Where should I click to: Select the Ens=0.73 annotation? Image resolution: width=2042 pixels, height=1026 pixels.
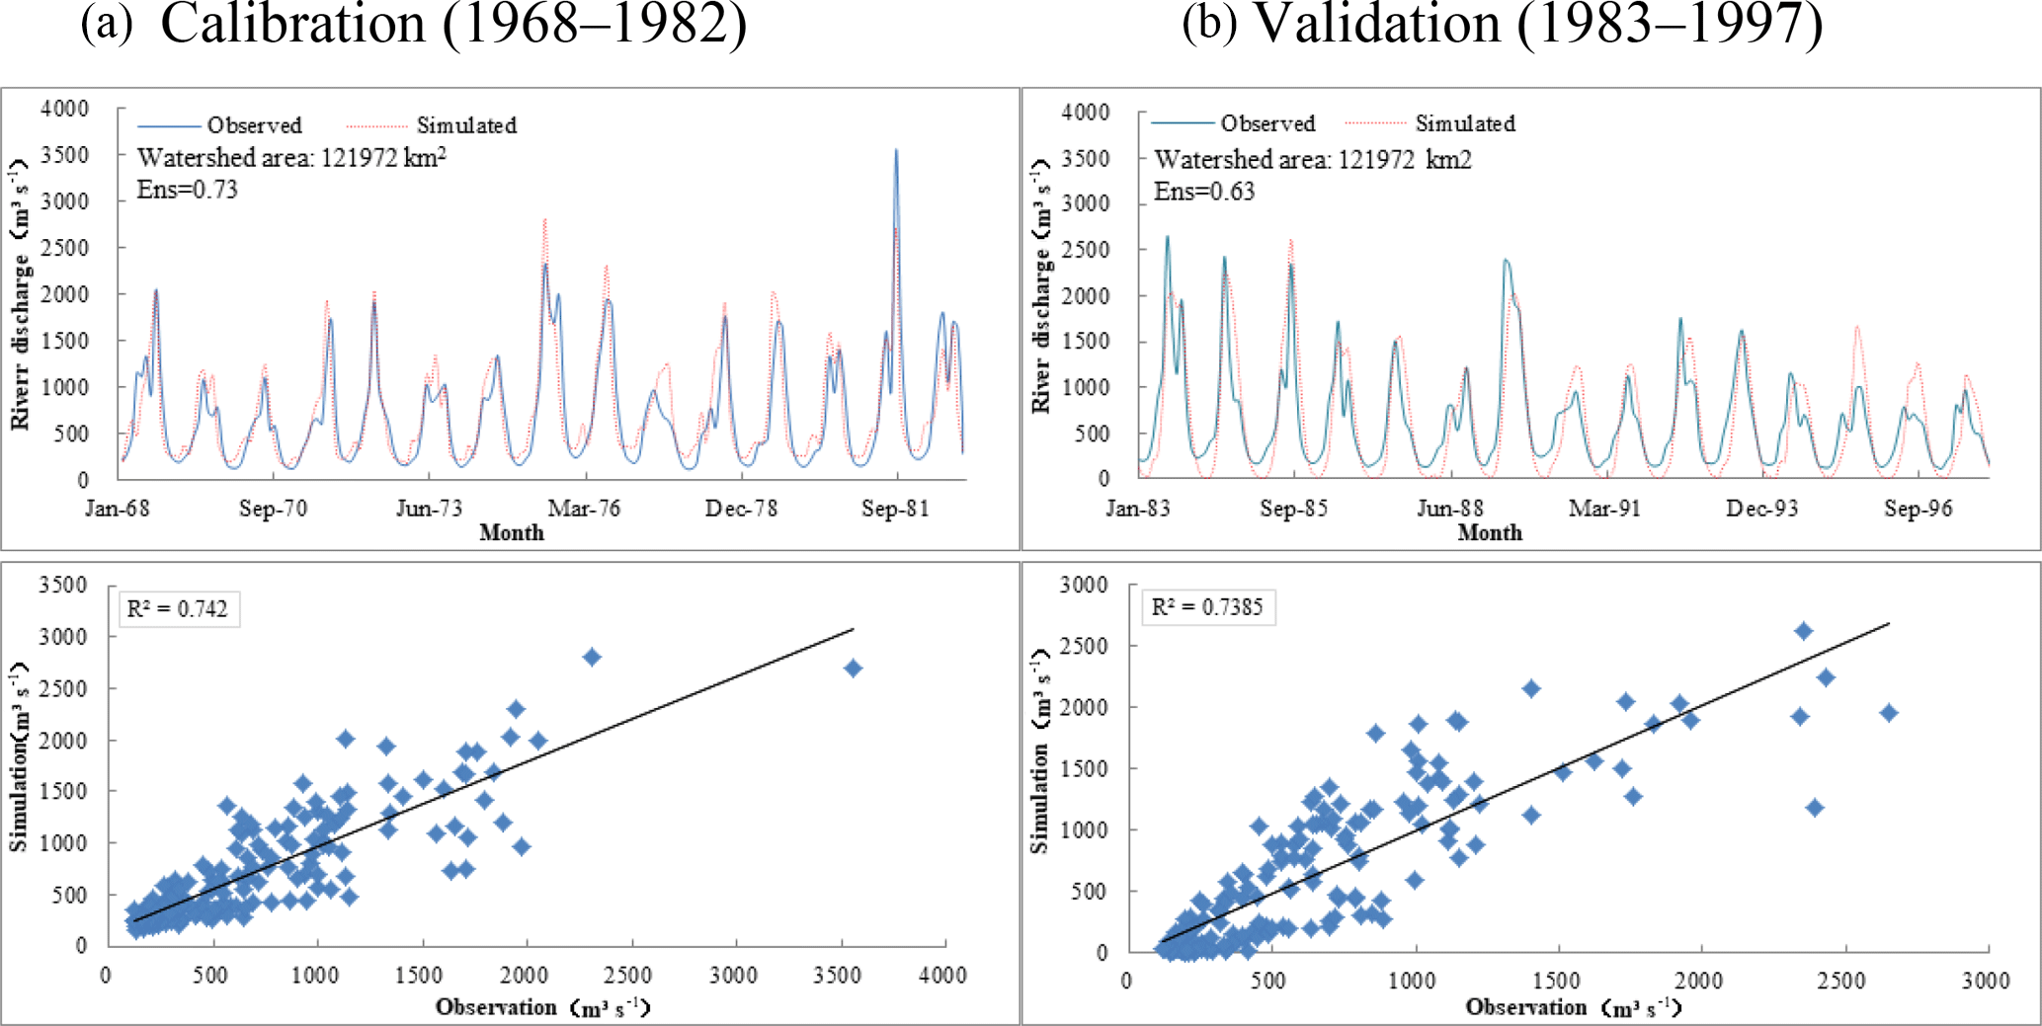pos(188,190)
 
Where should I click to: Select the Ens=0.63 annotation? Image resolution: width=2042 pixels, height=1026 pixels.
pos(1204,192)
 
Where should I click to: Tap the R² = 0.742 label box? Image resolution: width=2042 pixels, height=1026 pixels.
pos(178,608)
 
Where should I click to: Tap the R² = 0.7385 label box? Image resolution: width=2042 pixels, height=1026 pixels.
pos(1207,607)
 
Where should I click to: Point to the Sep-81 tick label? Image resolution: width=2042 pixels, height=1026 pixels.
pos(895,509)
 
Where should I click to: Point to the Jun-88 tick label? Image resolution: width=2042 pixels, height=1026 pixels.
pos(1449,509)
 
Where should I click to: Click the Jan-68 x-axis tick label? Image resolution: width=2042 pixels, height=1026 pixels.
pos(118,509)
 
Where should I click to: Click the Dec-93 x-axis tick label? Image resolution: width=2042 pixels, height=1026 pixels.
pos(1761,509)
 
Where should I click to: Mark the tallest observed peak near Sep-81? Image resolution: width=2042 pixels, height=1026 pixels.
pos(896,151)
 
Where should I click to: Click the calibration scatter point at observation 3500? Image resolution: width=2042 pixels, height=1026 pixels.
pos(853,669)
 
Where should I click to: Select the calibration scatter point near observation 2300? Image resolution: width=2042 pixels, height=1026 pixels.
pos(592,657)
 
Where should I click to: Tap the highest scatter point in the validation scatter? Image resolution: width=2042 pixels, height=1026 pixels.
pos(1803,631)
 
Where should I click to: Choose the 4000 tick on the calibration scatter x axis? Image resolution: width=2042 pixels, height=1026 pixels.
pos(942,976)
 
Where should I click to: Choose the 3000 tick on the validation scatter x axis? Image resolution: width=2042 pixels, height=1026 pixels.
pos(1986,981)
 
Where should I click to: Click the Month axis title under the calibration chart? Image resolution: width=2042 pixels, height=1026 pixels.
pos(512,532)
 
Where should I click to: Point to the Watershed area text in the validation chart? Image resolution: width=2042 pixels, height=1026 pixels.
pos(1313,160)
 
